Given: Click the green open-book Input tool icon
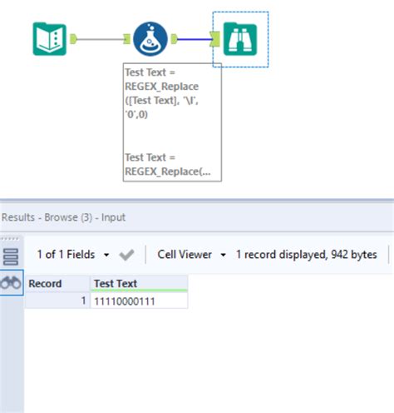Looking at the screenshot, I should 49,38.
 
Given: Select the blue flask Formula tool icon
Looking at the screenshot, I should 150,38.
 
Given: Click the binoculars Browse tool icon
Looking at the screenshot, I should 240,38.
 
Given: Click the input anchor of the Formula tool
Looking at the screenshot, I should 127,38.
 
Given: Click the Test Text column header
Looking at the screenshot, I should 116,283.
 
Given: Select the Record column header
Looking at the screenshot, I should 46,283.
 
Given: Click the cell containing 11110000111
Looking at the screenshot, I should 126,300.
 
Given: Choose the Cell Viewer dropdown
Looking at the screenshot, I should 192,254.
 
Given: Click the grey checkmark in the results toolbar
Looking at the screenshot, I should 127,254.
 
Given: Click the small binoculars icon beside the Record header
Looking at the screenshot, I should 11,283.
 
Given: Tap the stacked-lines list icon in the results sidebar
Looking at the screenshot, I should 11,256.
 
